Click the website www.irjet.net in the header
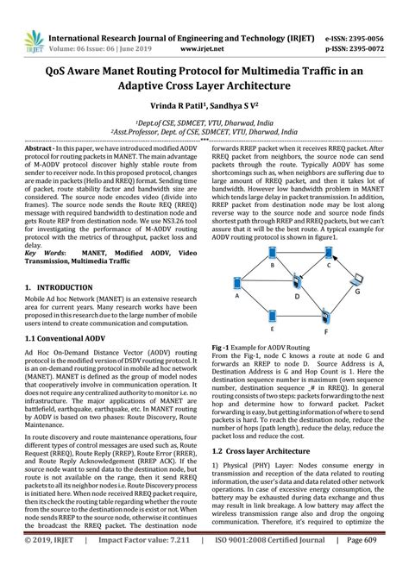click(x=205, y=26)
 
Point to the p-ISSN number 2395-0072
click(x=375, y=26)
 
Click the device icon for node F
click(x=324, y=317)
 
